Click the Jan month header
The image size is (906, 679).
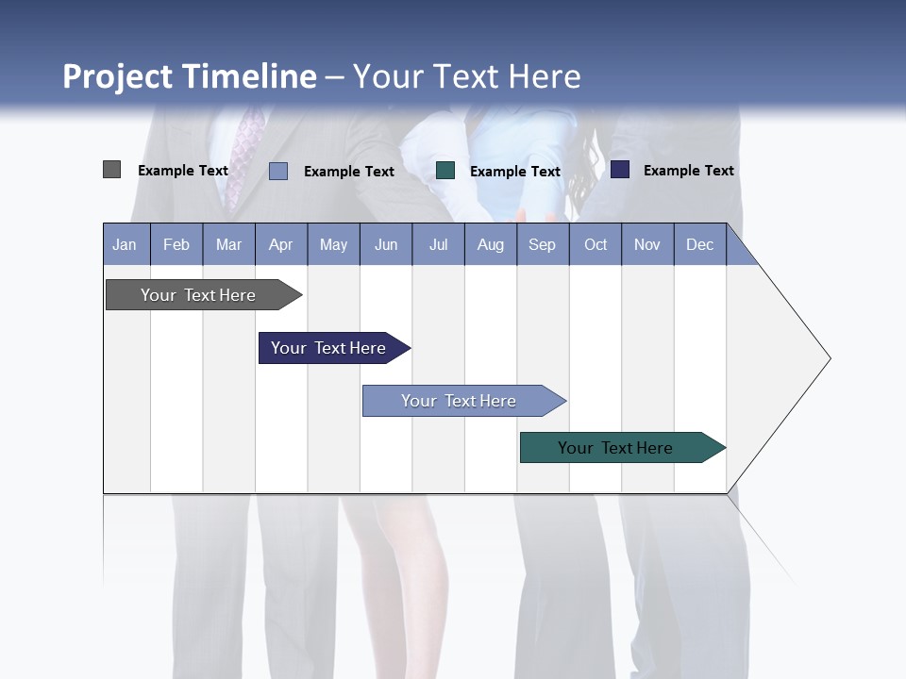point(126,244)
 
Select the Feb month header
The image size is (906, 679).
point(176,244)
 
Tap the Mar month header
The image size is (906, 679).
point(228,244)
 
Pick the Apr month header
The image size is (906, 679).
point(281,244)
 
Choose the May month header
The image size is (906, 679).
point(333,244)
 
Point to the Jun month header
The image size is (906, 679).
point(386,244)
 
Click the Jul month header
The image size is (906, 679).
point(438,244)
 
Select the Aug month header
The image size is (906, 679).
point(491,244)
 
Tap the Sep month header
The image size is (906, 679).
point(543,244)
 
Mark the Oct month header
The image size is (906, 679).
point(596,244)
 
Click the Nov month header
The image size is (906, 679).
point(647,244)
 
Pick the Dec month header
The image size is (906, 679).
point(700,244)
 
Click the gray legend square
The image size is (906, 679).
point(112,170)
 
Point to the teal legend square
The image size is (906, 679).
point(445,171)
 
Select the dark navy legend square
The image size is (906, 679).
point(620,170)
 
